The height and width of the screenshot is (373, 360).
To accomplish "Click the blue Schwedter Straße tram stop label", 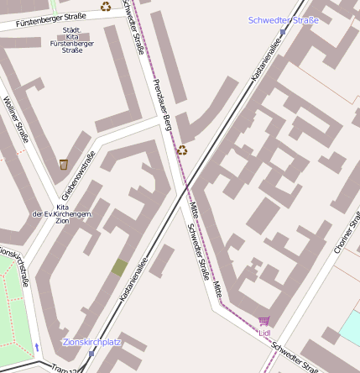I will pyautogui.click(x=284, y=20).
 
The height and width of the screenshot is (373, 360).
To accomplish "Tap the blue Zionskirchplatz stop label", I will pyautogui.click(x=92, y=343).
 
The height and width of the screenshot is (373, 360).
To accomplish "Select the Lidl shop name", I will pyautogui.click(x=264, y=333).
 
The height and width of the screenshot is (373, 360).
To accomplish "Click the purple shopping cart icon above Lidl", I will pyautogui.click(x=264, y=321).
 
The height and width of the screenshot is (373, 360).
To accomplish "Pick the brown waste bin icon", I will pyautogui.click(x=64, y=164).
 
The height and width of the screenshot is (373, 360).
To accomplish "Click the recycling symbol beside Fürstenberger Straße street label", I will pyautogui.click(x=106, y=7).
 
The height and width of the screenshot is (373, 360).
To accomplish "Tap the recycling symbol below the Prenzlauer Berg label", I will pyautogui.click(x=181, y=150).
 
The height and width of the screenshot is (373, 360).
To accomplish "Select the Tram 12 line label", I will pyautogui.click(x=64, y=369).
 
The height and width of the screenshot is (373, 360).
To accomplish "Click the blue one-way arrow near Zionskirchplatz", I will pyautogui.click(x=36, y=346).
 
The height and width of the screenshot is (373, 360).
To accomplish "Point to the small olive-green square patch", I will pyautogui.click(x=119, y=268).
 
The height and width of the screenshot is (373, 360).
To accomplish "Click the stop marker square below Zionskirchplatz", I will pyautogui.click(x=91, y=354).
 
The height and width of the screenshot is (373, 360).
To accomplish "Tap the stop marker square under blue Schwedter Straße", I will pyautogui.click(x=283, y=32).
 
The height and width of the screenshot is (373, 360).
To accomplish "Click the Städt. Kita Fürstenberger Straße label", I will pyautogui.click(x=72, y=40).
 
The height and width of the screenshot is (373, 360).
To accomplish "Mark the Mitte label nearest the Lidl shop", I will pyautogui.click(x=217, y=291).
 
